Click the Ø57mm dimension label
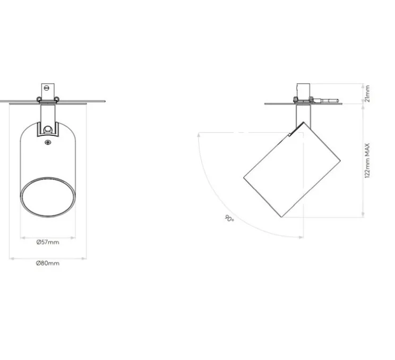[x=48, y=242]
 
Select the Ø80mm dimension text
[x=48, y=263]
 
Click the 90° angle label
[x=229, y=218]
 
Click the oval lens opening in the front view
[x=47, y=198]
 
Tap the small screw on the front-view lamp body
[x=48, y=141]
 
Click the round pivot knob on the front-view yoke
[x=48, y=128]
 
